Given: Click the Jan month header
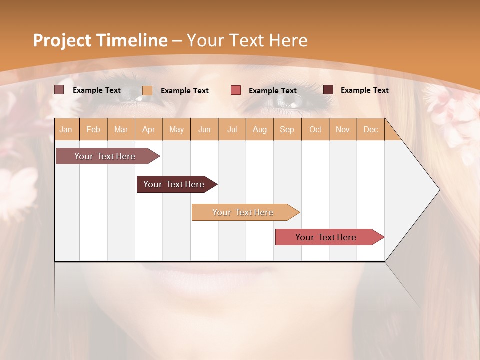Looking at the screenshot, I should click(66, 129).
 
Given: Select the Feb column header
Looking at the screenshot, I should click(93, 129).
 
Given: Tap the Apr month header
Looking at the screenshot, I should click(148, 129).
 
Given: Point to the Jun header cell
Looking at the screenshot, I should click(204, 129).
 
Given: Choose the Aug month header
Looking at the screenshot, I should click(259, 129).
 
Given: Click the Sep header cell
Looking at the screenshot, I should click(287, 129).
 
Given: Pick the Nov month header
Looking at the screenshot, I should click(342, 129).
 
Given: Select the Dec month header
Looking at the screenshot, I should click(370, 129).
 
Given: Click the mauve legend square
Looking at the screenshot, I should click(59, 90).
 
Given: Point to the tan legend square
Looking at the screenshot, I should click(147, 90).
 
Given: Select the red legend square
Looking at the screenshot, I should click(236, 90).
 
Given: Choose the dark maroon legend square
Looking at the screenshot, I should click(328, 90).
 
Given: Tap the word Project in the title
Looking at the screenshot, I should click(62, 40).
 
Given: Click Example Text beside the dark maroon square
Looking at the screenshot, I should click(364, 90).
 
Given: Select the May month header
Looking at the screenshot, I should click(176, 129).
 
